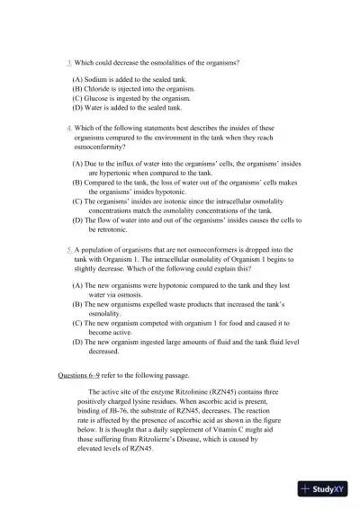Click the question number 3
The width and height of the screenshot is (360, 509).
tap(69, 63)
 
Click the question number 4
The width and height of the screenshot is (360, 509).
tap(69, 129)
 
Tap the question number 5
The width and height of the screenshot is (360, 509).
tap(69, 248)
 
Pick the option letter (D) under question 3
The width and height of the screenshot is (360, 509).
tap(78, 107)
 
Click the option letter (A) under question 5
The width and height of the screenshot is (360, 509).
tap(78, 284)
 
